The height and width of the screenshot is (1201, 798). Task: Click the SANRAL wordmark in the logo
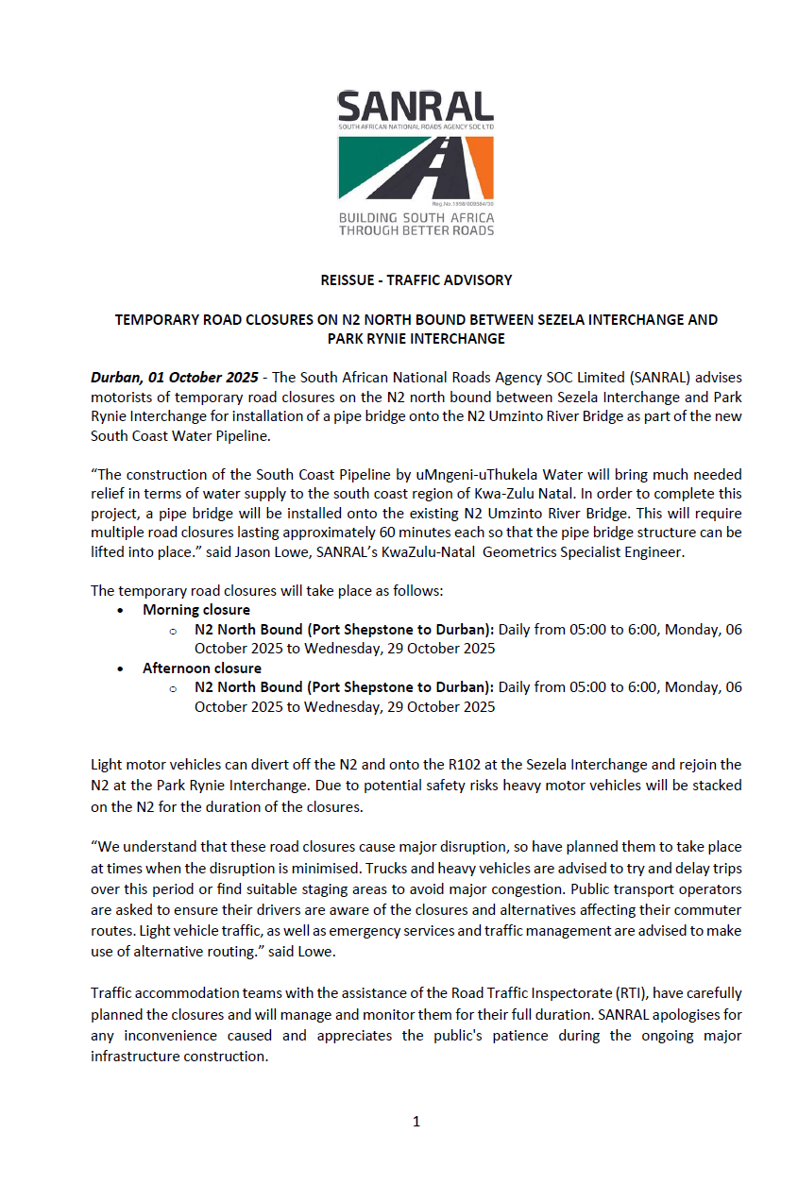(416, 106)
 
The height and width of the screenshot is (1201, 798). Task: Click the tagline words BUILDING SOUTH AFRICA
(416, 218)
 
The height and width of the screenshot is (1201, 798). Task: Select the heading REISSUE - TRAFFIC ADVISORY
(416, 280)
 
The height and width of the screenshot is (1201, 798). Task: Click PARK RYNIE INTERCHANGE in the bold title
(416, 339)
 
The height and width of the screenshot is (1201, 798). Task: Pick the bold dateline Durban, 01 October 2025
(174, 378)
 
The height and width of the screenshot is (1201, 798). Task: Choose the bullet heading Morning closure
(196, 611)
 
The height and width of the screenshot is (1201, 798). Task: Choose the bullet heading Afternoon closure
(202, 668)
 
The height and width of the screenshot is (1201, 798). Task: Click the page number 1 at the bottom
(416, 1123)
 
